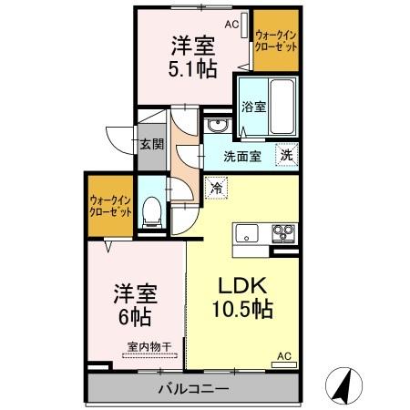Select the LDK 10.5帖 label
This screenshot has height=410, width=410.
point(241,296)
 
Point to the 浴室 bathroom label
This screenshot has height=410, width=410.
point(253,107)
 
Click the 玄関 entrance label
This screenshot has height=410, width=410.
point(152,143)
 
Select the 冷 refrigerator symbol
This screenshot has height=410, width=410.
point(217,188)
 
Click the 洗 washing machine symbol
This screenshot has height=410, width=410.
point(286,155)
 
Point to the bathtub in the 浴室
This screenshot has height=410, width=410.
point(282,105)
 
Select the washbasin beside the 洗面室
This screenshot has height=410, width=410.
point(215,125)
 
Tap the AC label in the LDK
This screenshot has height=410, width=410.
point(282,355)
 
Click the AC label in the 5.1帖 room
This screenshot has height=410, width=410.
point(231,26)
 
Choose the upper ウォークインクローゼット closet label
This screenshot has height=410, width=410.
point(276,41)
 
